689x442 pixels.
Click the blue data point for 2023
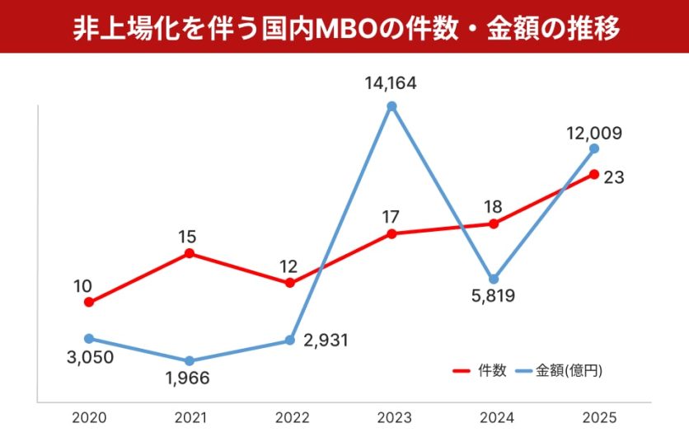(x=391, y=106)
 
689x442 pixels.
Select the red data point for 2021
(x=190, y=253)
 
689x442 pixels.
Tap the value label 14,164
(x=391, y=82)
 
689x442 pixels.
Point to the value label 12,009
(x=593, y=132)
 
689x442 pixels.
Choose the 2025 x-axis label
(x=596, y=418)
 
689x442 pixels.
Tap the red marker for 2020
(x=89, y=303)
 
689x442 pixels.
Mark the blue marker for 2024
(x=493, y=279)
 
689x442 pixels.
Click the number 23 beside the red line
(x=613, y=176)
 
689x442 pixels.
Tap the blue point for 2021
(x=190, y=361)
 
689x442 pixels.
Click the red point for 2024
(x=493, y=223)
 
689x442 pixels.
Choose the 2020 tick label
(x=88, y=418)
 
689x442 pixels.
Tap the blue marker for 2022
(x=290, y=341)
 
